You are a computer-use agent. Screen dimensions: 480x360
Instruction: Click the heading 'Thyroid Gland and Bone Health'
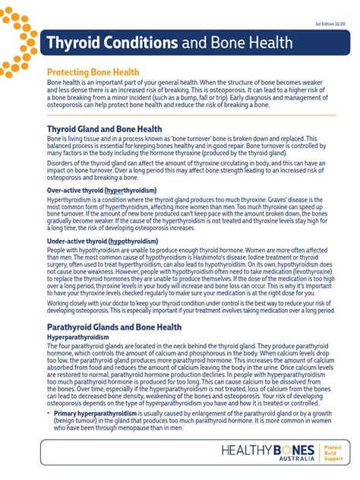[x=104, y=129]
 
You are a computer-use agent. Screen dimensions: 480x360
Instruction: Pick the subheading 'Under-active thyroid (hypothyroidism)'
[x=103, y=241]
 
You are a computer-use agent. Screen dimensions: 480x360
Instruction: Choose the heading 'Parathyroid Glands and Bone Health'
[x=114, y=327]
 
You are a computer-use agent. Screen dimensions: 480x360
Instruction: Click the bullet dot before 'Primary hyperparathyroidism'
[x=49, y=412]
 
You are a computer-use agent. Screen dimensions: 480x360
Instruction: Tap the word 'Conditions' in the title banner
[x=140, y=43]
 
